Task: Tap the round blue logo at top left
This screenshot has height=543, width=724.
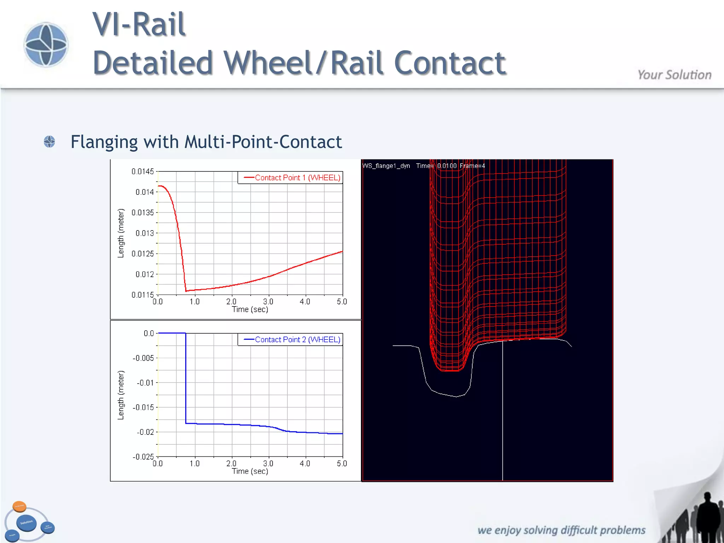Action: click(46, 45)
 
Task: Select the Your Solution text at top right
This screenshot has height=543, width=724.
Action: click(674, 75)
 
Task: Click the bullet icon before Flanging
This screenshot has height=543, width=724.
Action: click(49, 142)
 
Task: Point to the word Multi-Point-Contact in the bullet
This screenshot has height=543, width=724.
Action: click(263, 142)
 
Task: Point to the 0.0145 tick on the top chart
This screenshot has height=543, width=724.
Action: click(142, 171)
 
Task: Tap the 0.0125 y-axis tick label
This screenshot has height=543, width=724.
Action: click(142, 254)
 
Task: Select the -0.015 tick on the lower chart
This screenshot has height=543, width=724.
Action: click(143, 407)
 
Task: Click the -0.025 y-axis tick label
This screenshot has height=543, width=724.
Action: click(143, 457)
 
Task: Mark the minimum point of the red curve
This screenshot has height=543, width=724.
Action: click(186, 291)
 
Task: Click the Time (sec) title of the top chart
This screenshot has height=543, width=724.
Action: click(250, 309)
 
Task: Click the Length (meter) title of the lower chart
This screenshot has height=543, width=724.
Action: click(121, 395)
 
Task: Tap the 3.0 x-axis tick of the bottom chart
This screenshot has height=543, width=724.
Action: click(268, 463)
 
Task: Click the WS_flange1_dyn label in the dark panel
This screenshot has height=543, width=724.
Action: click(386, 166)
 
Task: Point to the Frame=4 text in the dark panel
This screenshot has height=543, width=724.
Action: click(472, 166)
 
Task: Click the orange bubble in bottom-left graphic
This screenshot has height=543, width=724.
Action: click(19, 506)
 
